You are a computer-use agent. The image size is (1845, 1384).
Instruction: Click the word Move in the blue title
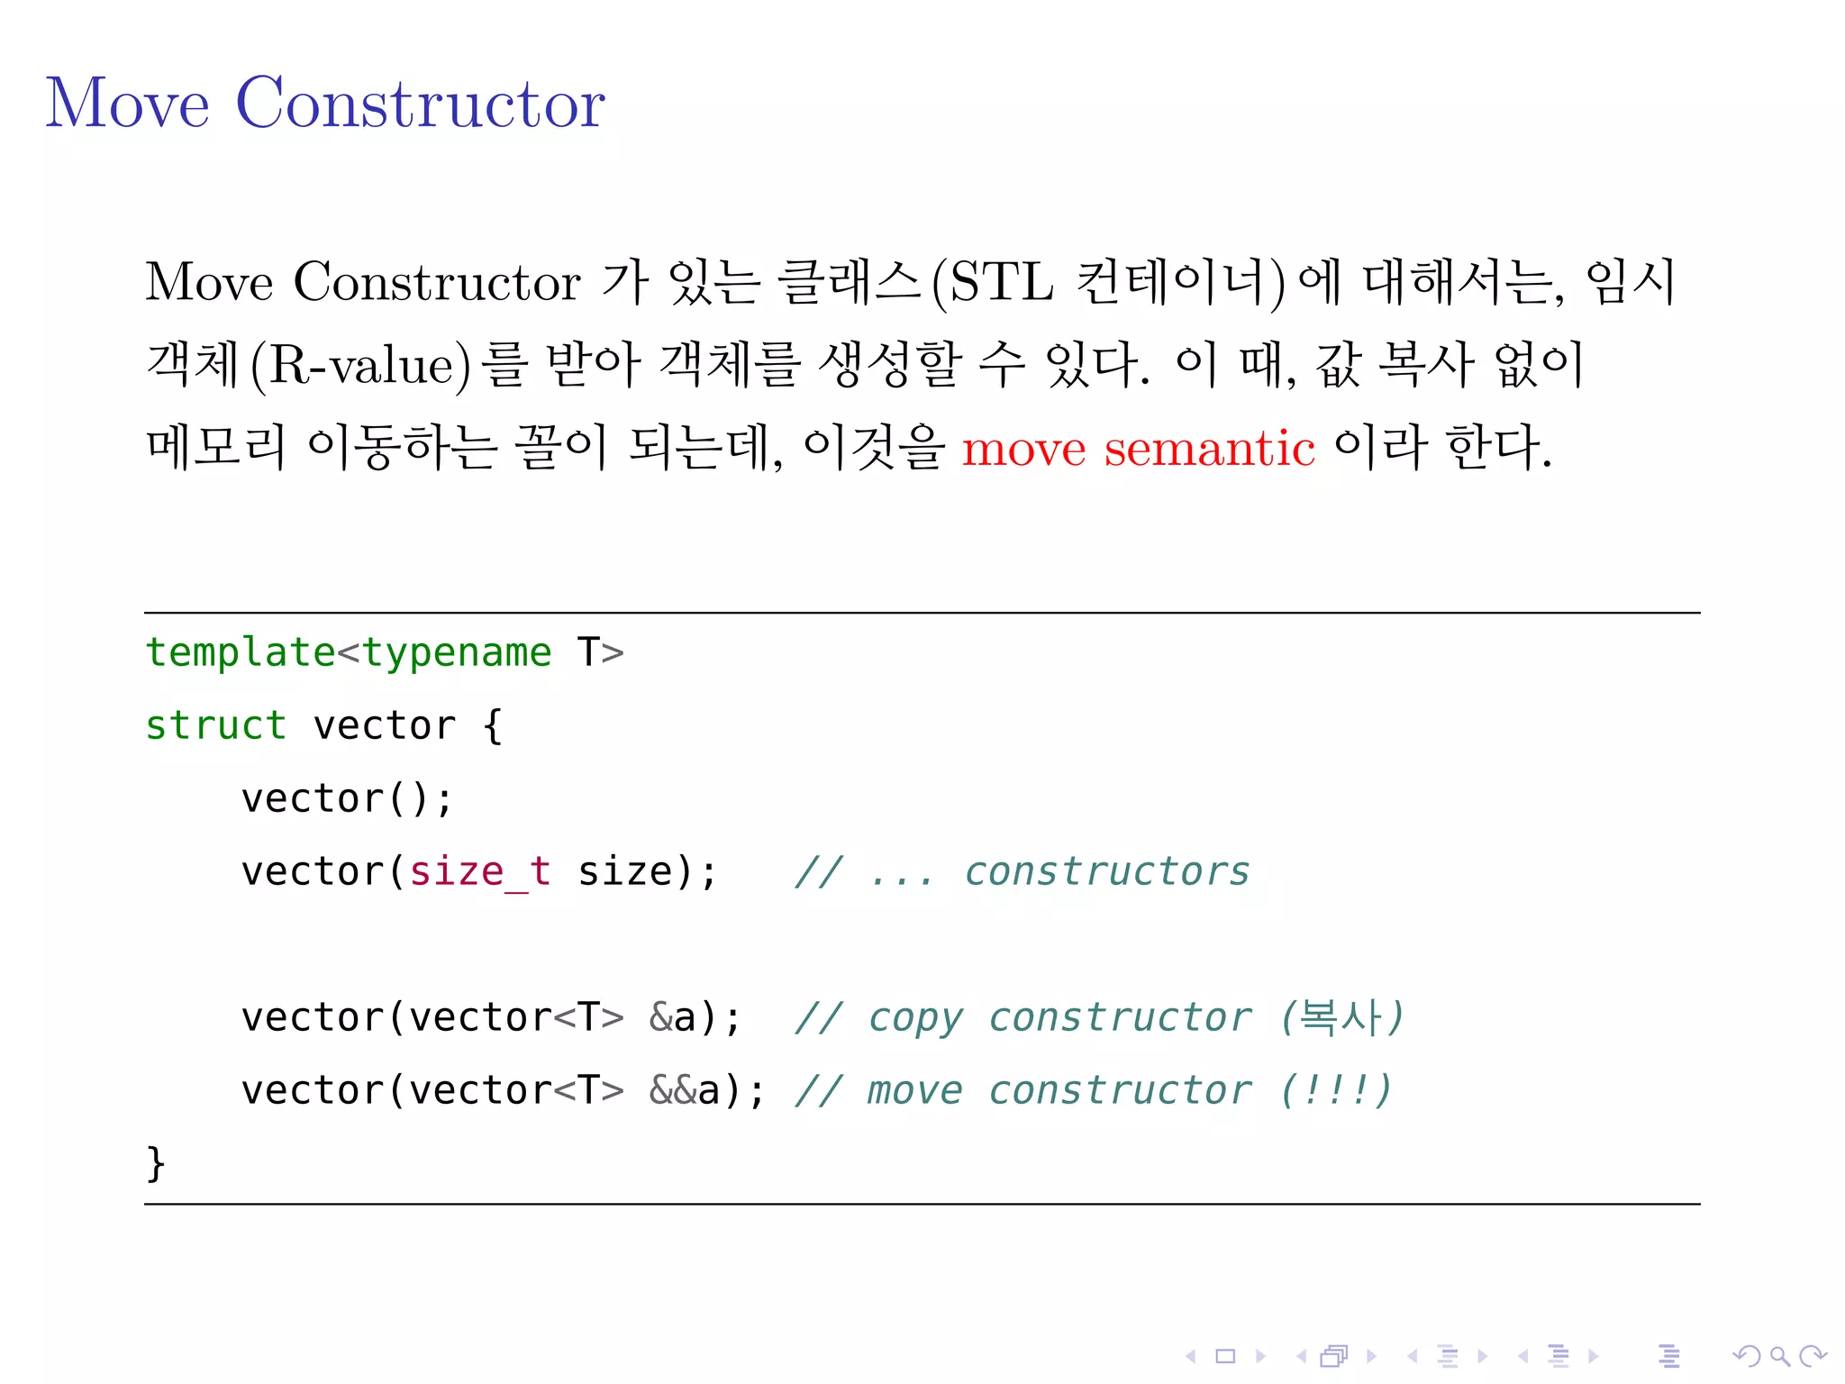click(127, 104)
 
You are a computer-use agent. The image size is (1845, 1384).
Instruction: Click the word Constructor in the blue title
click(420, 104)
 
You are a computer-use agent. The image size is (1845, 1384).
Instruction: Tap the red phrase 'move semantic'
click(1138, 449)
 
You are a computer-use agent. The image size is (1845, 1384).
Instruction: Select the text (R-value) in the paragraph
click(360, 366)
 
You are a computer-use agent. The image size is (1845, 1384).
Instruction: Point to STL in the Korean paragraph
click(1001, 283)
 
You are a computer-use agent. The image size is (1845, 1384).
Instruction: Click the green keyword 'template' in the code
click(241, 652)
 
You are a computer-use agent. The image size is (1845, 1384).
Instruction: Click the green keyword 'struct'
click(216, 725)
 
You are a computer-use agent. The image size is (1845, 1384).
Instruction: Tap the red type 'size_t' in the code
click(479, 872)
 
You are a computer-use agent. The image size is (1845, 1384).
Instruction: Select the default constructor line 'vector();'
click(347, 799)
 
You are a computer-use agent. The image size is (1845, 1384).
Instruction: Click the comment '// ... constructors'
click(1022, 872)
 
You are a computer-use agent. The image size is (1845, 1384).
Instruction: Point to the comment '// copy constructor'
click(1022, 1018)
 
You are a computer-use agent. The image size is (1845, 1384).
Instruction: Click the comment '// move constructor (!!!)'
click(1093, 1091)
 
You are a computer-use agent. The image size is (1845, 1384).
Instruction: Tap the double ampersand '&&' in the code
click(672, 1091)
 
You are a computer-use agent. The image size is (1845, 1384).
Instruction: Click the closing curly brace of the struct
click(155, 1163)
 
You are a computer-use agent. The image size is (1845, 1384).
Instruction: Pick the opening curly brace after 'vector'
click(492, 725)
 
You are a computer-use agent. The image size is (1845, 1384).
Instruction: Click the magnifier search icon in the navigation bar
click(1779, 1356)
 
